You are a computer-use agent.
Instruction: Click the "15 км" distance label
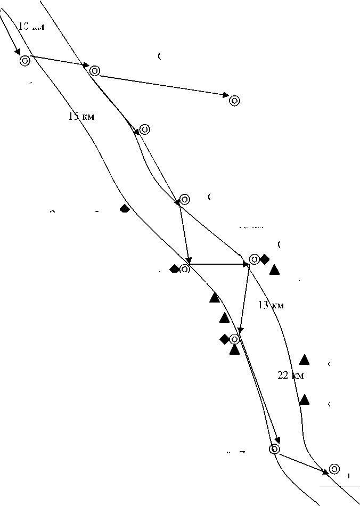coord(81,117)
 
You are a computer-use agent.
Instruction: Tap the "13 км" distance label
coord(271,305)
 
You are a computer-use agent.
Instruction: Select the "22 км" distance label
coord(291,376)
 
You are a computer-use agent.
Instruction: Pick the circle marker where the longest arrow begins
coord(95,70)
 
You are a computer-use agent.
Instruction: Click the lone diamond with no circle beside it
coord(124,208)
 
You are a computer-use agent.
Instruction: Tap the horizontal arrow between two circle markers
coord(219,264)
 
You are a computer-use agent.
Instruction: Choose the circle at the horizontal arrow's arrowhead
coord(255,259)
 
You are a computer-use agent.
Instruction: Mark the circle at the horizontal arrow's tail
coord(185,269)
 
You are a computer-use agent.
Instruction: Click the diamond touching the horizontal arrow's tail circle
coord(174,269)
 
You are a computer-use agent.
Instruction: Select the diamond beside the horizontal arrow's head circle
coord(265,259)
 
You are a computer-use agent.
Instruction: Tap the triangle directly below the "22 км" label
coord(304,399)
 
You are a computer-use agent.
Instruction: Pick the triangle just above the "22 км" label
coord(305,360)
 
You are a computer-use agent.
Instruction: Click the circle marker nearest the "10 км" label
coord(24,61)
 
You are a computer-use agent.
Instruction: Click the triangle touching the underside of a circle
coord(234,350)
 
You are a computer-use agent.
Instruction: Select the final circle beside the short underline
coord(334,469)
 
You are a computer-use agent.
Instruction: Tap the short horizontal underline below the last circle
coord(332,486)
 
